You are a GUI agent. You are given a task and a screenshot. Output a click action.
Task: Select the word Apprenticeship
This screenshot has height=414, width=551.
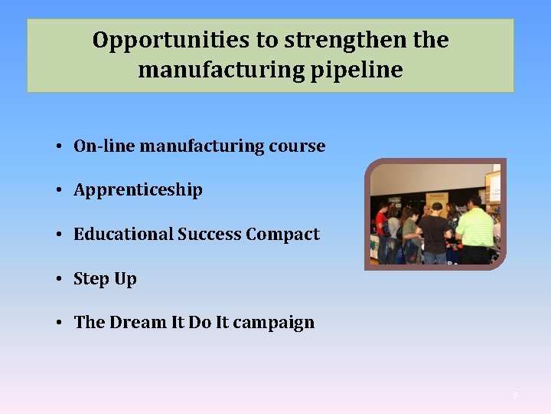138,190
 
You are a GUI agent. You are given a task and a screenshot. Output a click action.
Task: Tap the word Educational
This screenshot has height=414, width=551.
123,234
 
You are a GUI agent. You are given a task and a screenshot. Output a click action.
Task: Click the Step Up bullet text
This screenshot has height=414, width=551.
105,278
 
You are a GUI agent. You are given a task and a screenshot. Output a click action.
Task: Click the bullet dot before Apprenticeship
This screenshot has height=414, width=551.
58,190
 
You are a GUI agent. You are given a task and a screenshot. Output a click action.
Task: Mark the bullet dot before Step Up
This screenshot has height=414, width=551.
58,278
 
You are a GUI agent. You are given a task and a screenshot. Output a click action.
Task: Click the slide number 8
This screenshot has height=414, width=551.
515,395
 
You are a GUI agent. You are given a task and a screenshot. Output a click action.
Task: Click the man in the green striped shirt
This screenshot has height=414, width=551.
474,230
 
